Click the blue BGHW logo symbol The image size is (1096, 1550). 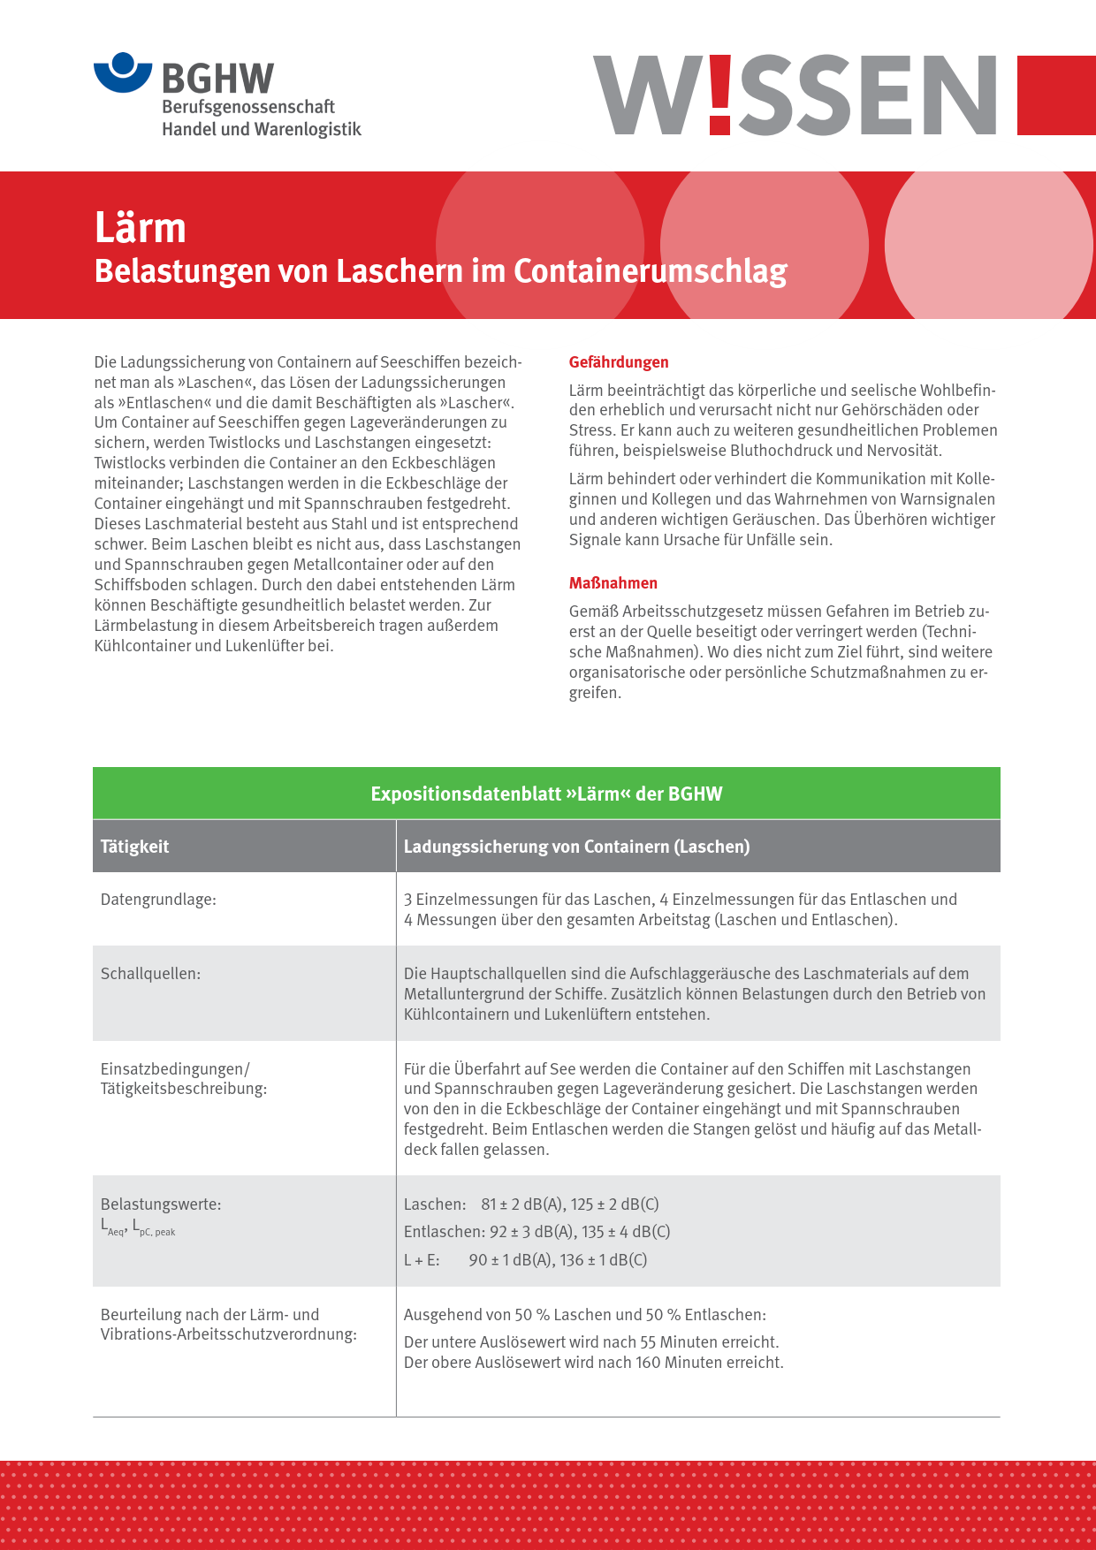point(124,72)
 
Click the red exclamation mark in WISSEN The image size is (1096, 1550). point(720,95)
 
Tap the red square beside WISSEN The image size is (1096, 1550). point(1056,95)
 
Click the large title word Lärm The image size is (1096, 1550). point(141,228)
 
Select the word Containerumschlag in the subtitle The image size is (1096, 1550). point(651,271)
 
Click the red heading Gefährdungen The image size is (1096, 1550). point(619,362)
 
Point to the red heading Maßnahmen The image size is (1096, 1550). point(613,583)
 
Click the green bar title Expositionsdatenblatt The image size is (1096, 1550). point(546,794)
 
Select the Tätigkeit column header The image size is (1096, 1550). point(134,847)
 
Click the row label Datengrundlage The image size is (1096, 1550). point(158,900)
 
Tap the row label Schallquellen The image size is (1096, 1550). point(150,974)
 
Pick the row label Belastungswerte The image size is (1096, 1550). point(161,1204)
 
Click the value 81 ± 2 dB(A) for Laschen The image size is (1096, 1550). point(521,1204)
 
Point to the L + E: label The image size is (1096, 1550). point(422,1260)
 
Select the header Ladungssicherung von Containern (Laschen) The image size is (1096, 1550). point(576,847)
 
